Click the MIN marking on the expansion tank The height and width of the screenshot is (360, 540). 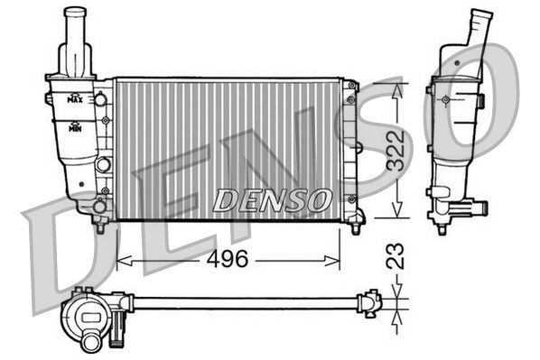pyautogui.click(x=79, y=126)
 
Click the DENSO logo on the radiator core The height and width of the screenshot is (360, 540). pyautogui.click(x=271, y=199)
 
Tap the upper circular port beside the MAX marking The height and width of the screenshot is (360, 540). pyautogui.click(x=101, y=97)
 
